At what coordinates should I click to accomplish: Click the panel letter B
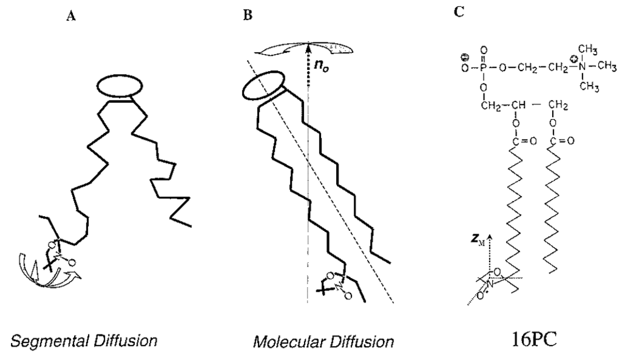[x=247, y=16]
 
